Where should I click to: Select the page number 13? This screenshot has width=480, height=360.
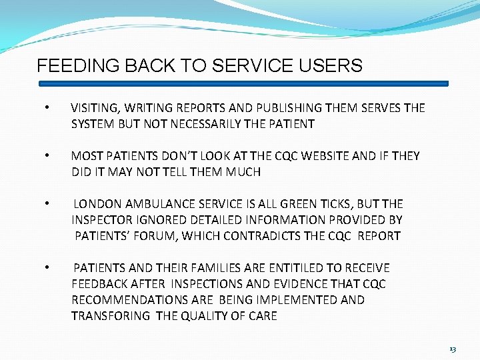coord(453,349)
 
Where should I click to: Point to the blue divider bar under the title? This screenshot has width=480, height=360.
coord(243,84)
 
